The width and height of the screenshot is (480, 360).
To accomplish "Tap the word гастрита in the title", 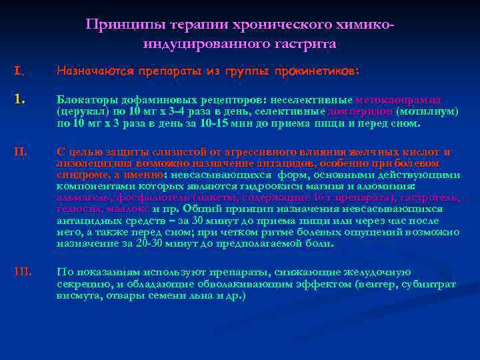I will tap(305, 44).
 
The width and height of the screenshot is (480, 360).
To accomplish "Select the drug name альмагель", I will tap(83, 198).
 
